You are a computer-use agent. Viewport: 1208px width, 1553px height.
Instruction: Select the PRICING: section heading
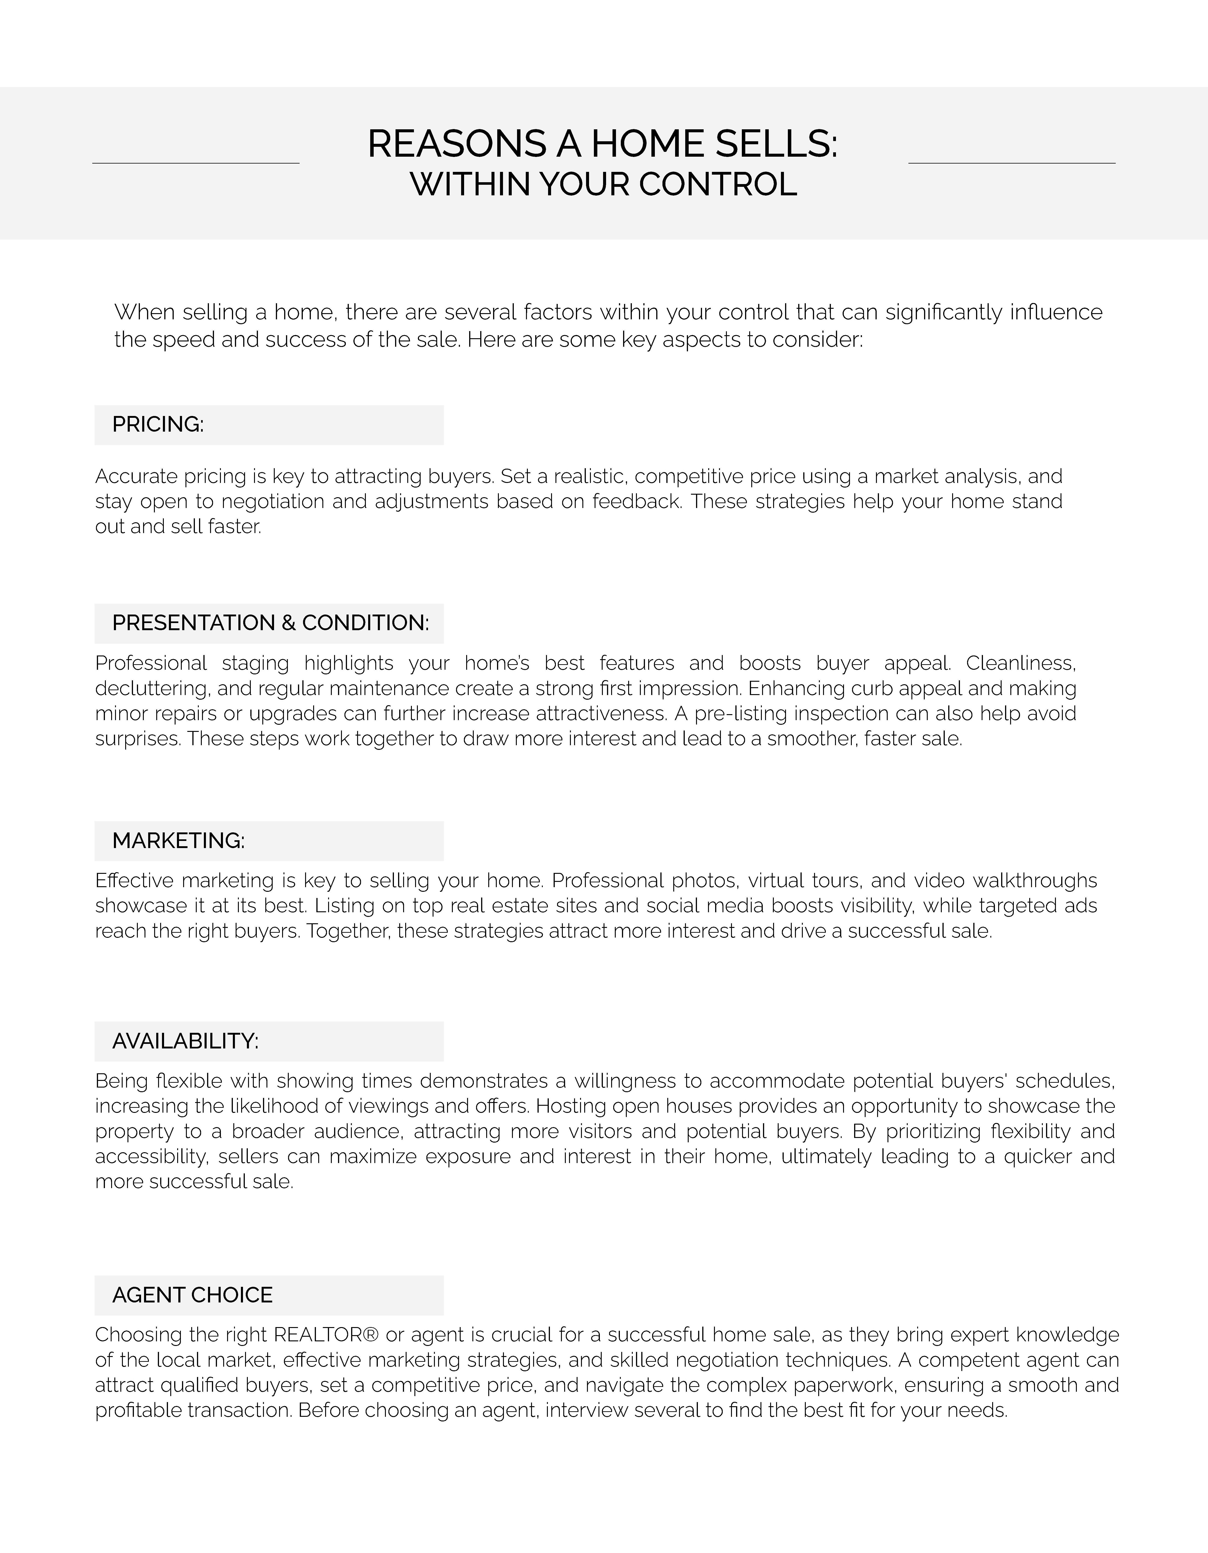click(158, 424)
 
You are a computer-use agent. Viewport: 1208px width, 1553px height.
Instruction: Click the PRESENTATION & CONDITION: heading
click(270, 623)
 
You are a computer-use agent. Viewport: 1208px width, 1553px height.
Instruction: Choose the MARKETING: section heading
click(179, 840)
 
